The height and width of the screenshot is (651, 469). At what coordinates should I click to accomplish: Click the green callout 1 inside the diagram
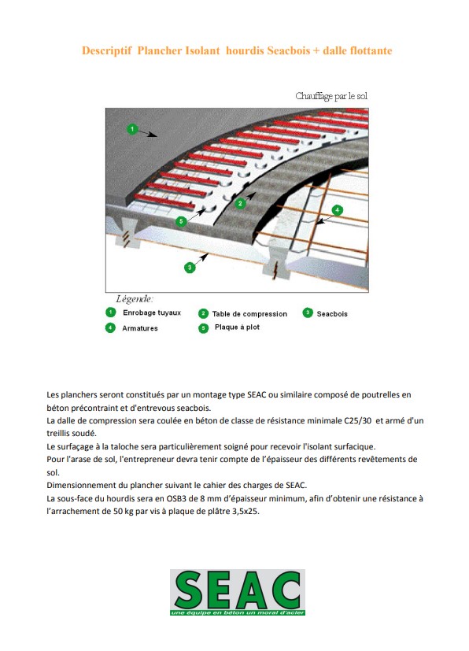pos(132,129)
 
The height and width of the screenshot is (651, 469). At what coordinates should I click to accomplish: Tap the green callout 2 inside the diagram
pos(240,203)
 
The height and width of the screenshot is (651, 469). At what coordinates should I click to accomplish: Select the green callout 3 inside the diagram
pos(190,268)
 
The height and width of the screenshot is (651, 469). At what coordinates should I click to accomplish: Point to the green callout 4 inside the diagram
pos(338,210)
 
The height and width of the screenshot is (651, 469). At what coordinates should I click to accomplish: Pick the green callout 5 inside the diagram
pos(181,221)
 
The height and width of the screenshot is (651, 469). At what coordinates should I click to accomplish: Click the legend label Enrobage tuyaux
pos(152,313)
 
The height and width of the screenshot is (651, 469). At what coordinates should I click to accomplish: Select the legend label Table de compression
pos(249,314)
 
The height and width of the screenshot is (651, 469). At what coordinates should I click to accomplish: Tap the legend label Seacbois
pos(332,314)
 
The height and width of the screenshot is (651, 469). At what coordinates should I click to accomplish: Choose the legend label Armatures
pos(140,328)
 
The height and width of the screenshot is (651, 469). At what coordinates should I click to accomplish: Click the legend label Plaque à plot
pos(237,327)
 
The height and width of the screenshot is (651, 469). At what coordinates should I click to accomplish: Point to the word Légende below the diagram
pos(134,299)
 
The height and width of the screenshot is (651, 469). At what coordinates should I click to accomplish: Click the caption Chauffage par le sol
pos(331,96)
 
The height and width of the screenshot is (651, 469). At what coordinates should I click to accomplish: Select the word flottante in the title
pos(371,50)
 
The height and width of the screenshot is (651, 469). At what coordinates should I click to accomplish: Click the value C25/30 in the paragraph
pos(358,420)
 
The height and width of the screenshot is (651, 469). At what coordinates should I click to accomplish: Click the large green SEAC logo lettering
pos(238,589)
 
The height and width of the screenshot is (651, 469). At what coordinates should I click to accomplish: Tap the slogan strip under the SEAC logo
pos(238,612)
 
